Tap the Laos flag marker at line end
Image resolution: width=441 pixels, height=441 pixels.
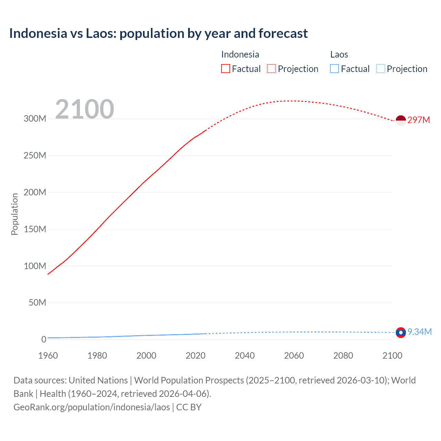pos(401,332)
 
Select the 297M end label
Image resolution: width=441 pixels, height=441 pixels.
pos(419,120)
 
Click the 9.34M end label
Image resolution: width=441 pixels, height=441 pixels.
pos(419,332)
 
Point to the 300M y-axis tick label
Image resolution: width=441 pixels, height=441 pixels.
pos(35,119)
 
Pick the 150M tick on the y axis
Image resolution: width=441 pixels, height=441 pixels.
pos(35,229)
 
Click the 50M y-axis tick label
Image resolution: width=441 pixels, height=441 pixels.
pos(37,303)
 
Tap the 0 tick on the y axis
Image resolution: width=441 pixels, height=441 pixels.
pos(44,339)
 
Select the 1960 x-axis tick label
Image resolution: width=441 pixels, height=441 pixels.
pos(48,356)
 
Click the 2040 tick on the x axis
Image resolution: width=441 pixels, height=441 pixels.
pos(245,356)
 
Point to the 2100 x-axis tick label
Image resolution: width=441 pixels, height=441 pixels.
pos(392,356)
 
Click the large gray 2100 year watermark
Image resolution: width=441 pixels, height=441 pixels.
pos(84,109)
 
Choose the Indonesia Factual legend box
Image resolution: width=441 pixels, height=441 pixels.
pos(225,69)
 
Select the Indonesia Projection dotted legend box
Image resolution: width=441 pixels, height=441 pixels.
pos(271,69)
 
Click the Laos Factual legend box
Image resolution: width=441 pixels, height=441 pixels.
pos(334,69)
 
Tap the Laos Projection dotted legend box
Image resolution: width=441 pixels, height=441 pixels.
pos(381,69)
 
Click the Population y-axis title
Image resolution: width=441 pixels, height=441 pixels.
pos(14,214)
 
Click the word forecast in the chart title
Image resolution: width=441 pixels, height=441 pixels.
pos(283,33)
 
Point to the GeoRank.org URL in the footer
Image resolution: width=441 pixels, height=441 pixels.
pos(92,407)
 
